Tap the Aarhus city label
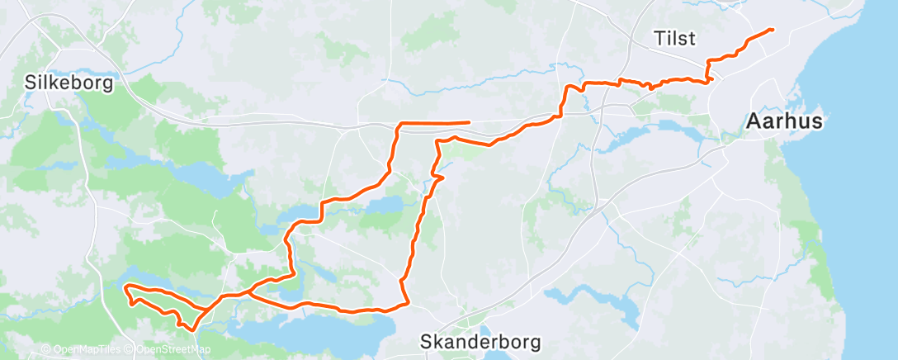[x=784, y=121]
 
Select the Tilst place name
[x=674, y=38]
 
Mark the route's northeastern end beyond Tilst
[x=772, y=30]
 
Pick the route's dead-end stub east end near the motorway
[x=470, y=122]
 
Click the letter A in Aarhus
[x=753, y=121]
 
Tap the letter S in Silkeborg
[x=31, y=83]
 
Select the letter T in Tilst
[x=658, y=38]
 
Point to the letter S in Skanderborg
[x=426, y=341]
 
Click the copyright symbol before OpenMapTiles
[x=46, y=350]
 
